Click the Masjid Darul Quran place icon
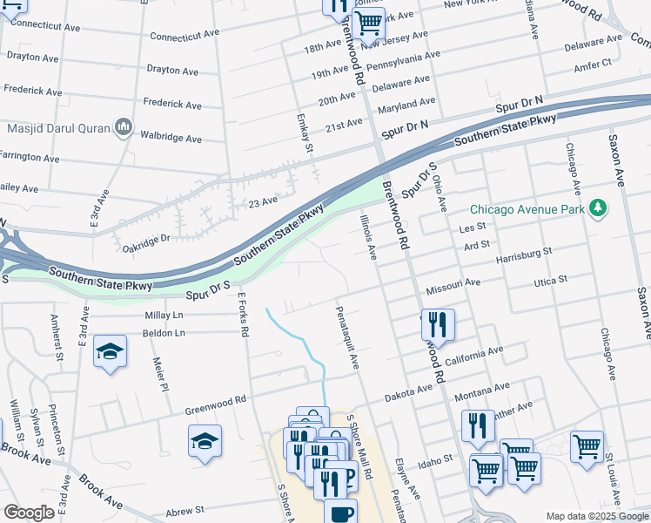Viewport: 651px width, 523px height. point(123,129)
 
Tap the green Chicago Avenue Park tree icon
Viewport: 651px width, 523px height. point(597,208)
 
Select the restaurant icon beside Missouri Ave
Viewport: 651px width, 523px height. point(438,324)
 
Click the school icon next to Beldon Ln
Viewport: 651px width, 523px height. point(110,351)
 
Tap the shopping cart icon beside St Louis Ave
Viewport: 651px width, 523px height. point(587,446)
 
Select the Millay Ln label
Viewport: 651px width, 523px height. point(164,315)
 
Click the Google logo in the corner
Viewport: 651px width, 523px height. point(29,513)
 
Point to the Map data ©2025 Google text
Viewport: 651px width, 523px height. point(597,517)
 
